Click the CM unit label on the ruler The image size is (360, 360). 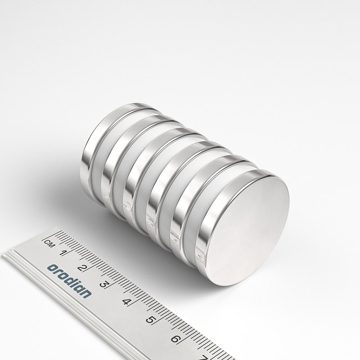(x=49, y=243)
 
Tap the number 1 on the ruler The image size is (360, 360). (x=63, y=253)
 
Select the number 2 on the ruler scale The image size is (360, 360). (x=82, y=268)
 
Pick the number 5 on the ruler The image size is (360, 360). (x=150, y=320)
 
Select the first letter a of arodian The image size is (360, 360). (x=52, y=268)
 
